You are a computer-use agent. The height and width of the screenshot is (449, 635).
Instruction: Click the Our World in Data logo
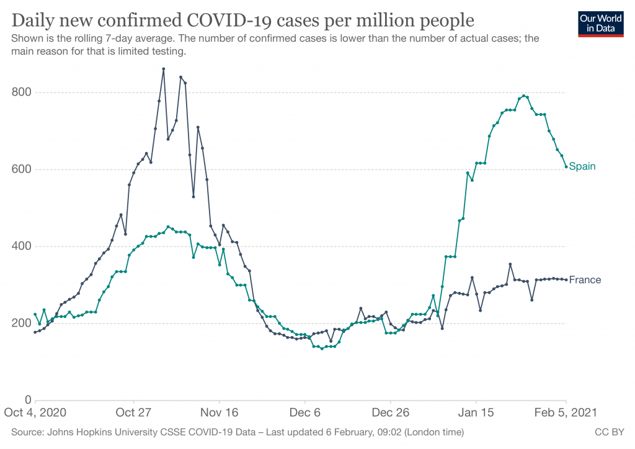(x=600, y=24)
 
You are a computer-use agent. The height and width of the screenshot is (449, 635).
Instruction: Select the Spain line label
(x=582, y=166)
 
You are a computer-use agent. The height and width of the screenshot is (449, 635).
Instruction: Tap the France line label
(x=585, y=279)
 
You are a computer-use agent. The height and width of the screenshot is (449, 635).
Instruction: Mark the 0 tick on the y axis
(x=28, y=401)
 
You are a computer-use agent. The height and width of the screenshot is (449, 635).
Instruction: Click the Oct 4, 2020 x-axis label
(x=35, y=413)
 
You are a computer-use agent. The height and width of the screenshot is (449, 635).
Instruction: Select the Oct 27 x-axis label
(x=133, y=413)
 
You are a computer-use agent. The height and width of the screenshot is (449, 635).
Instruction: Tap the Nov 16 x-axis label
(x=220, y=413)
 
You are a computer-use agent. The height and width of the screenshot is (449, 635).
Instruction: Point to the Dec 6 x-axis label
(x=305, y=413)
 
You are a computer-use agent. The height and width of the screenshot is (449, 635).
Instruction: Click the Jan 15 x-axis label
(x=476, y=413)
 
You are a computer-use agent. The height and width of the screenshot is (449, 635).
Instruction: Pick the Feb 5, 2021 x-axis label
(x=566, y=413)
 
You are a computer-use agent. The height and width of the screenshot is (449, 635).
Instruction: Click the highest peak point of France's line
(x=163, y=69)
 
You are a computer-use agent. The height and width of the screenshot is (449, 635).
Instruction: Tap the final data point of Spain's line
(x=566, y=166)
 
